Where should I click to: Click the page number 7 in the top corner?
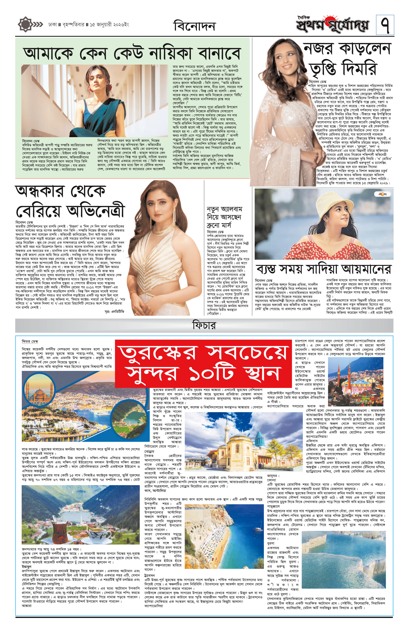385,25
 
